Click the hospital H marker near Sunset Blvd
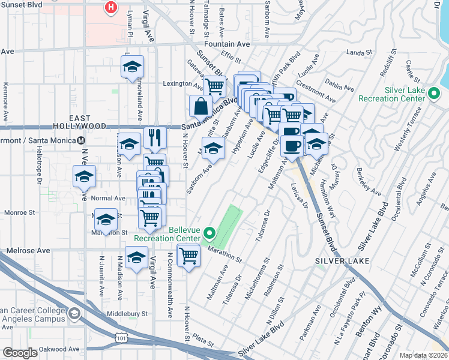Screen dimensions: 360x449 tap(111, 8)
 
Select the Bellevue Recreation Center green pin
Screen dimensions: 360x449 tap(209, 233)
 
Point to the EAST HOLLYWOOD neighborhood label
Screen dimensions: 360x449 tap(88, 122)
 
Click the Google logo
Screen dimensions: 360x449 tap(20, 352)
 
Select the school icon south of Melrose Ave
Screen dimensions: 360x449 tap(136, 257)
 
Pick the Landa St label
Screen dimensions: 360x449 tap(360, 53)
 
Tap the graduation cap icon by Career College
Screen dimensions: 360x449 tap(74, 314)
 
